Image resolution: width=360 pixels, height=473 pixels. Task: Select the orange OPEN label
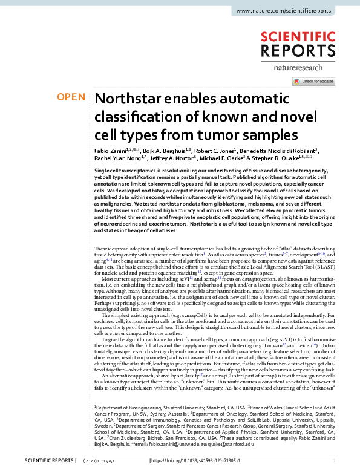(x=71, y=97)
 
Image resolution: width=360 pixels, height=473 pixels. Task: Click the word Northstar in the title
(x=128, y=99)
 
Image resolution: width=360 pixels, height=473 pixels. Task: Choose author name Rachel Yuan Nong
(x=115, y=158)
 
